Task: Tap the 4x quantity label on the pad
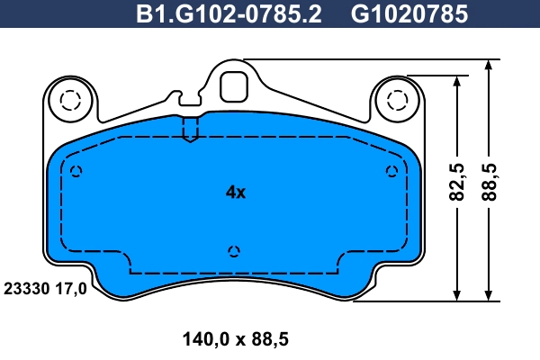[235, 192]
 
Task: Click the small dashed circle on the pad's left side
[76, 172]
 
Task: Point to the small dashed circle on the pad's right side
[391, 171]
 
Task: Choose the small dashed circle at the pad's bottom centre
[234, 251]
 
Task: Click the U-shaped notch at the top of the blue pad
[190, 130]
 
